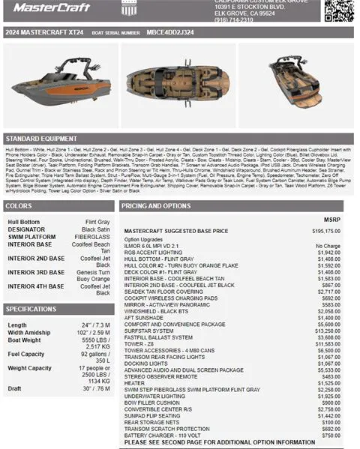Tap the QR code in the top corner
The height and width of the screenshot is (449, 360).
(x=338, y=10)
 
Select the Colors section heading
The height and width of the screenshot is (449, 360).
(x=19, y=205)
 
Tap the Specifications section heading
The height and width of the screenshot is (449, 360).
(x=31, y=309)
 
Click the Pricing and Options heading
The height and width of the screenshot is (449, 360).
(x=156, y=205)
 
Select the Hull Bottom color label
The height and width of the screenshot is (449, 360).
(x=24, y=223)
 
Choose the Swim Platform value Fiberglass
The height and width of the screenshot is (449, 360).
(x=92, y=236)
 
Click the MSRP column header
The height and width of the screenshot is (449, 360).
(x=331, y=220)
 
